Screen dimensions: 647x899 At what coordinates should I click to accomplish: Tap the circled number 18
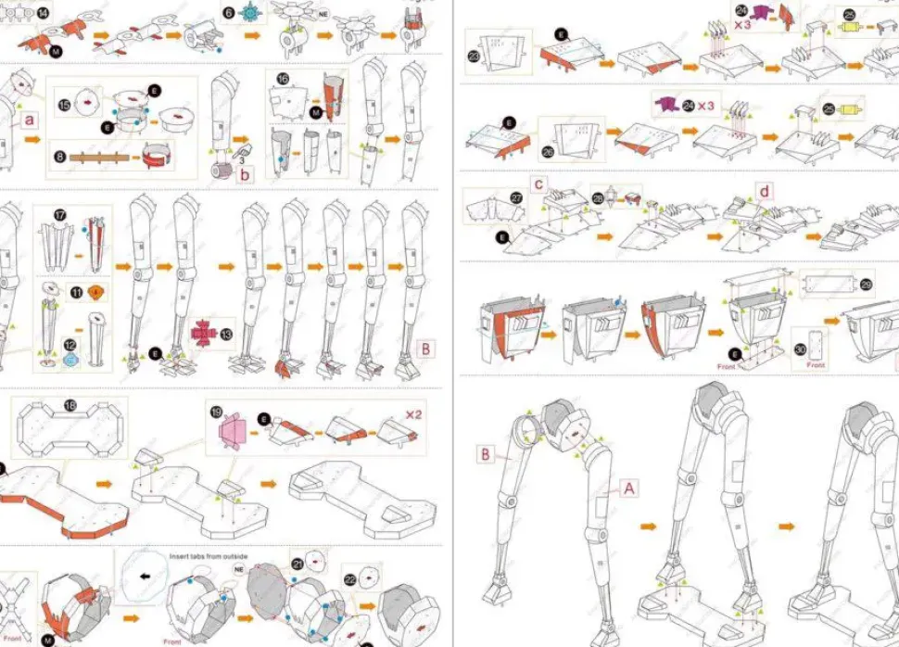(x=70, y=406)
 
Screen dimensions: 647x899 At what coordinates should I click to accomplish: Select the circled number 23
(x=474, y=57)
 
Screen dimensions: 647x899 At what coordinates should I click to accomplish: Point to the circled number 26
(x=548, y=153)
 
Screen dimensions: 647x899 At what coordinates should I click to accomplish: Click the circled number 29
(x=867, y=285)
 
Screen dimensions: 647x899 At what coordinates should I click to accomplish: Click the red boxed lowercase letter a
(x=30, y=120)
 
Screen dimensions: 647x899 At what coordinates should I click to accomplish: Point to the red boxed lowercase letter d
(x=764, y=193)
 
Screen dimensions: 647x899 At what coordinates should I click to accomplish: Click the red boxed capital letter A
(x=628, y=487)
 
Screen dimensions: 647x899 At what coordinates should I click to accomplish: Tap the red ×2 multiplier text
(x=412, y=414)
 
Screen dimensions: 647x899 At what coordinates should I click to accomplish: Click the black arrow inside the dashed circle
(x=144, y=576)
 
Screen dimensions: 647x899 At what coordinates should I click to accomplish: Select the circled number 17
(x=60, y=215)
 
